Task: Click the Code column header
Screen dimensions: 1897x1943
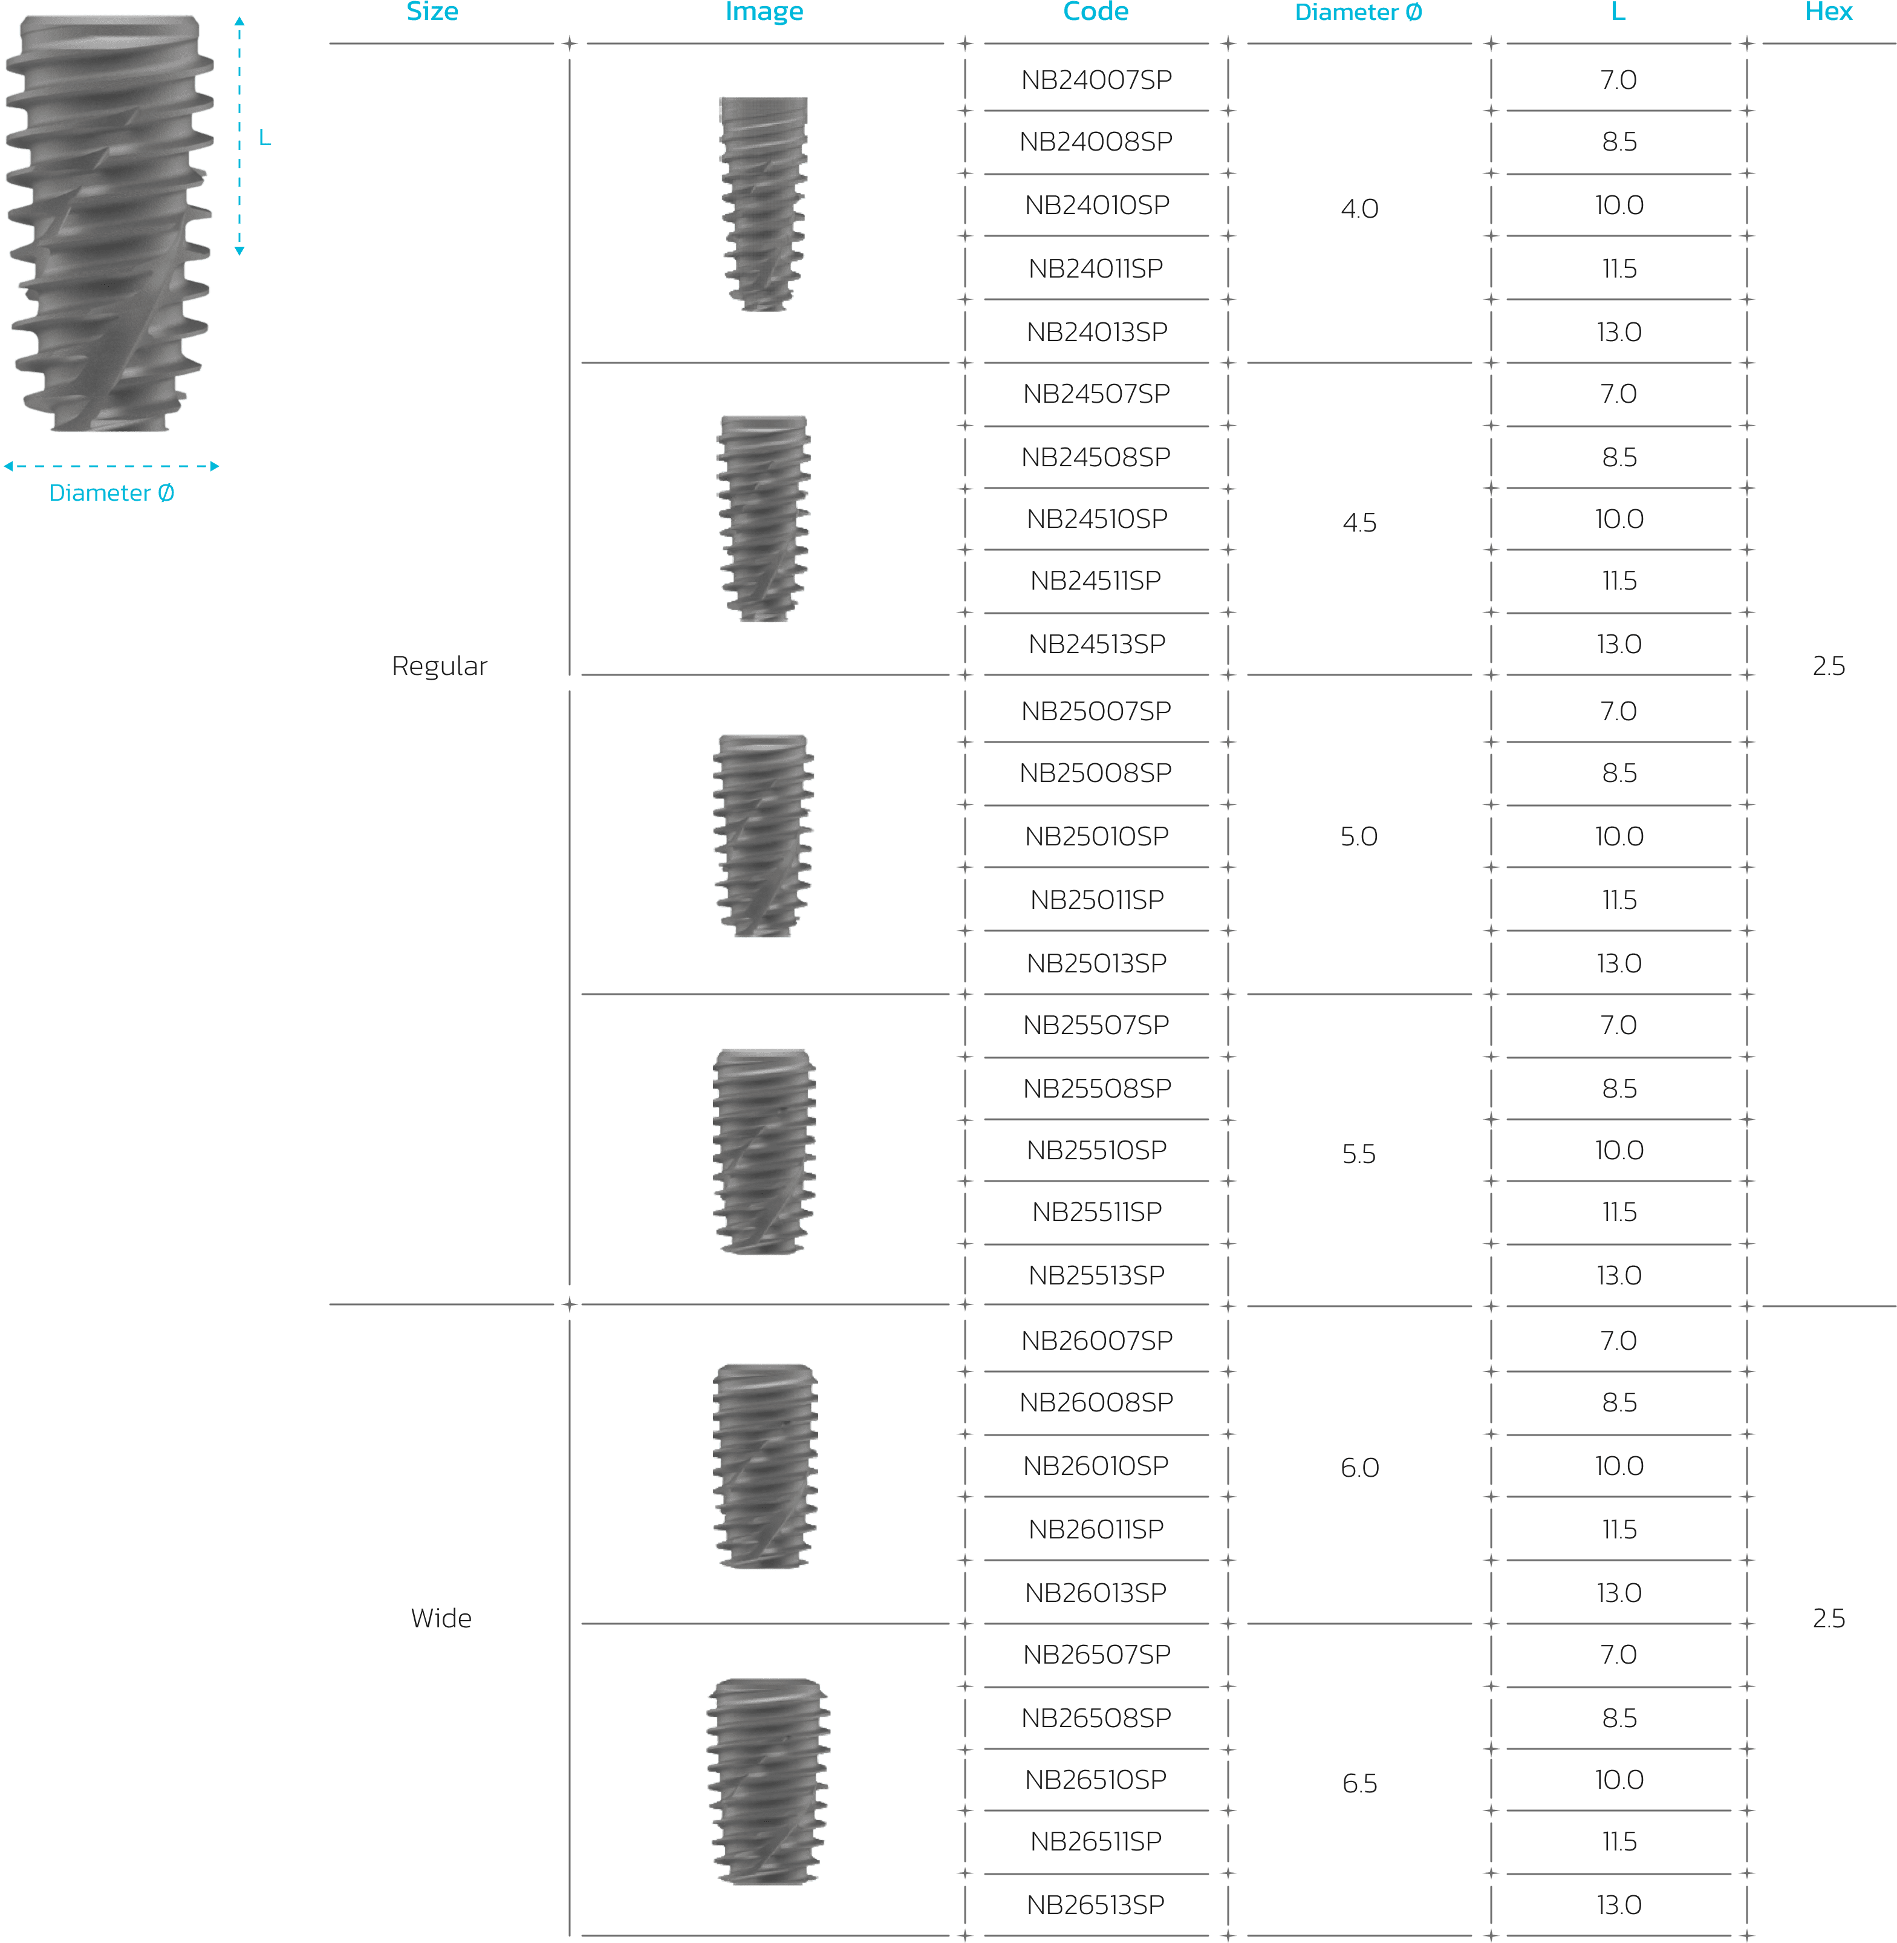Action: point(1095,12)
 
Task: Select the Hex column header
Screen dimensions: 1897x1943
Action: point(1828,12)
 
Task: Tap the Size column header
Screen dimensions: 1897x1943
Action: point(432,12)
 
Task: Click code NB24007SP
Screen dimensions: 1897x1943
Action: point(1096,80)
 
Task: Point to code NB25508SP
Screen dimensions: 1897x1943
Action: point(1096,1088)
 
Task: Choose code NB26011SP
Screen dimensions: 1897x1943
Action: point(1096,1529)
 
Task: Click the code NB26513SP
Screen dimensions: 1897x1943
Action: point(1096,1904)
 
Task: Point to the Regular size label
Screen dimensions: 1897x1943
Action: point(440,666)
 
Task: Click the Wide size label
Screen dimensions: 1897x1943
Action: point(441,1618)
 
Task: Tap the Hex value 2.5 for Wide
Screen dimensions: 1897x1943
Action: point(1828,1618)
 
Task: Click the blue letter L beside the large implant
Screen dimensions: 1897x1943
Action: point(265,137)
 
